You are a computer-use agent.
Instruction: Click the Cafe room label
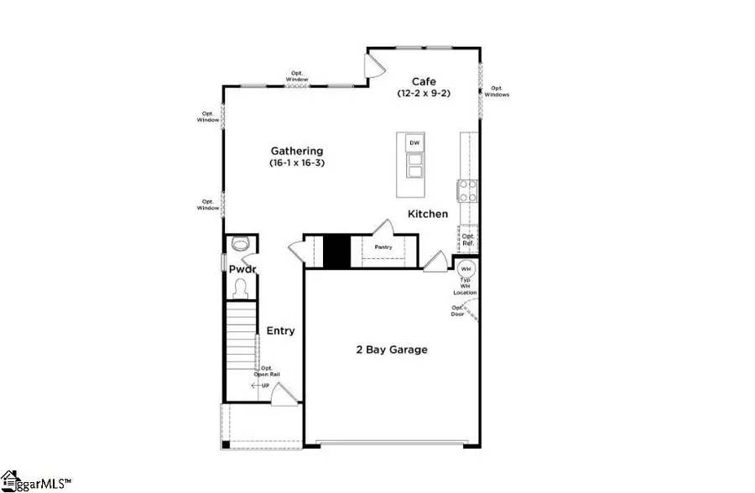pos(423,81)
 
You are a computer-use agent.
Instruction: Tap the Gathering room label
pos(296,151)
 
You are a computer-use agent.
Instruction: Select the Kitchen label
pos(428,214)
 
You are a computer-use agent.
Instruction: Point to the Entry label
pos(280,331)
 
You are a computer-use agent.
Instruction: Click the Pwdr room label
pos(242,269)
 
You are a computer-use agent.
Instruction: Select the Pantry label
pos(384,247)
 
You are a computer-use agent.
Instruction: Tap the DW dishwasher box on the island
pos(414,143)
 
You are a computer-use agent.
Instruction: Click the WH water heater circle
pos(466,269)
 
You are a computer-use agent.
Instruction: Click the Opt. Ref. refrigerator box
pos(468,240)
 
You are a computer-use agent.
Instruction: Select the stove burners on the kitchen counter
pos(466,191)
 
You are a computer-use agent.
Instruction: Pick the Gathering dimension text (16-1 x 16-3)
pos(296,163)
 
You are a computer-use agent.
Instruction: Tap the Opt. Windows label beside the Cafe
pos(497,91)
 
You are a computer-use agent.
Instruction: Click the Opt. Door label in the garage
pos(457,311)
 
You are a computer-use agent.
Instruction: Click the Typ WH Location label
pos(466,287)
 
